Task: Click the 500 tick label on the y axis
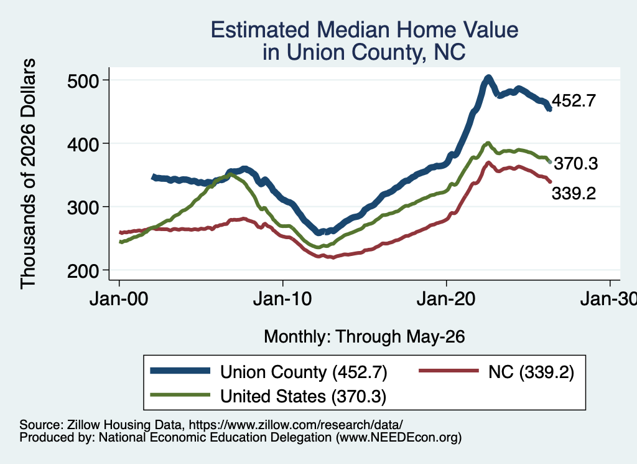[83, 82]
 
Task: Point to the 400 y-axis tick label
[83, 144]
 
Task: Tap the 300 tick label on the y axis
[83, 208]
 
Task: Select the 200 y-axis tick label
[83, 272]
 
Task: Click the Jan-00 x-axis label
[119, 299]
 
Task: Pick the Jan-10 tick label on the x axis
[282, 299]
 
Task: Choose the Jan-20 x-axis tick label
[446, 299]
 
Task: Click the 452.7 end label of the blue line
[574, 100]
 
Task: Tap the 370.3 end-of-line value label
[575, 163]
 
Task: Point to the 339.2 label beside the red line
[574, 194]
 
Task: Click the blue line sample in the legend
[180, 371]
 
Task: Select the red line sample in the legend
[449, 371]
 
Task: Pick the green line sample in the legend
[180, 395]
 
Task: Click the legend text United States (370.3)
[303, 396]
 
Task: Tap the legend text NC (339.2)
[531, 372]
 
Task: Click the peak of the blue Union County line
[488, 78]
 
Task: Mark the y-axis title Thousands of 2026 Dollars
[28, 174]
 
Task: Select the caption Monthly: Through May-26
[365, 337]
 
